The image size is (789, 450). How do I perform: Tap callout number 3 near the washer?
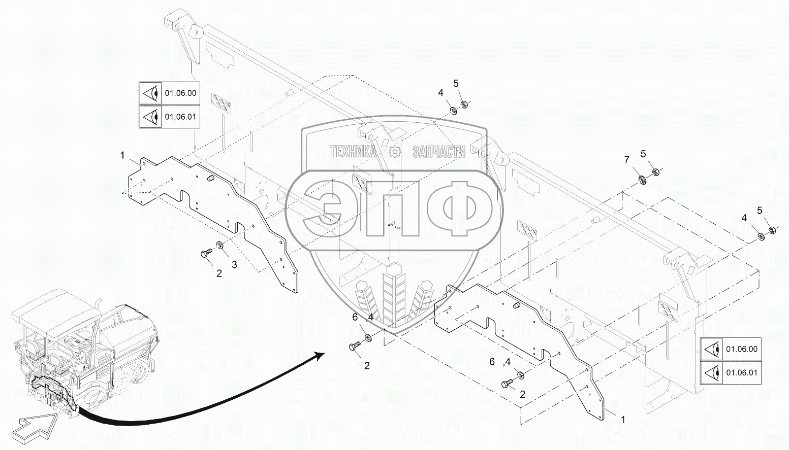coord(234,264)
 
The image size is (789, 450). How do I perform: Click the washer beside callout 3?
coord(219,246)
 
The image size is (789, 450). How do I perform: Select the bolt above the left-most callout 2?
coord(207,253)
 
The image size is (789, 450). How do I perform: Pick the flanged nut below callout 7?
coord(642,179)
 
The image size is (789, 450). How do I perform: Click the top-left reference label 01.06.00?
coord(180,93)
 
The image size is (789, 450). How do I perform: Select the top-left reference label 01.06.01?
coord(180,117)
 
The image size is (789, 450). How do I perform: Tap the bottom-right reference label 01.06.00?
coord(741,349)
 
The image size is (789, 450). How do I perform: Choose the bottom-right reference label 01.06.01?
coord(741,373)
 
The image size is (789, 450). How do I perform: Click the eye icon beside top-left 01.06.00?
coord(150,93)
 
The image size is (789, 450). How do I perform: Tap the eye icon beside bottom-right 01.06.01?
coord(711,373)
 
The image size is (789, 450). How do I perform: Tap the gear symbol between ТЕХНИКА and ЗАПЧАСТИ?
coord(395,151)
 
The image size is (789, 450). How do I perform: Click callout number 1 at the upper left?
coord(122,155)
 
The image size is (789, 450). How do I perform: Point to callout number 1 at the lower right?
coord(623,420)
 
